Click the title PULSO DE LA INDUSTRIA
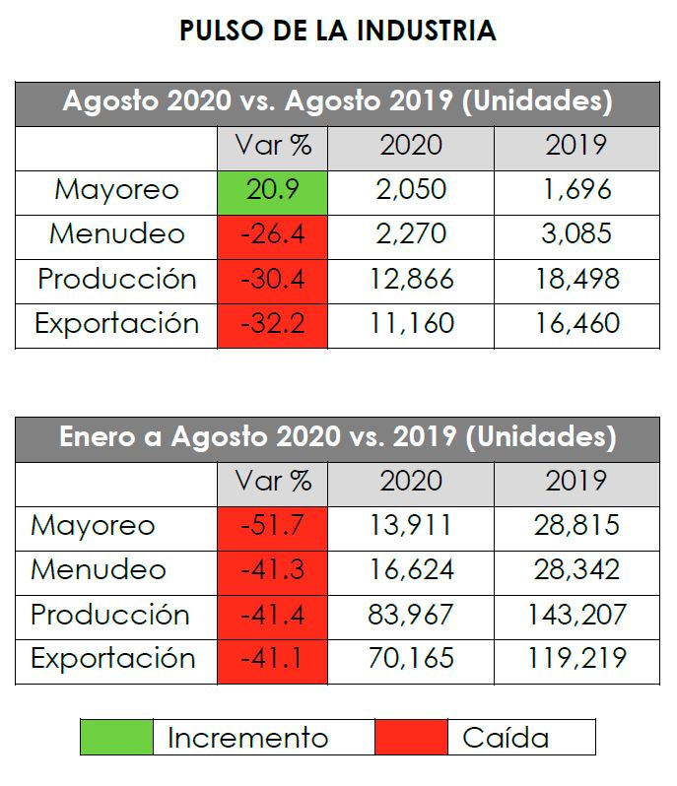[x=337, y=32]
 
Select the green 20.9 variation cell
[x=272, y=189]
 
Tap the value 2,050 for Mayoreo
[x=411, y=189]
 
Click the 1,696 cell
[x=576, y=189]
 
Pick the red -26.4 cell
[x=272, y=234]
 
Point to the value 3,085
[x=576, y=234]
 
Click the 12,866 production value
[x=411, y=280]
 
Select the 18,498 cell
[x=576, y=280]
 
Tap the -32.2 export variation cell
[x=272, y=324]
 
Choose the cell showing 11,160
[x=411, y=324]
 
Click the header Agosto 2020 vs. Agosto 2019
[x=337, y=102]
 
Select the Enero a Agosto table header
[x=337, y=437]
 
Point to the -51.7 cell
[x=272, y=525]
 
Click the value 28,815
[x=576, y=525]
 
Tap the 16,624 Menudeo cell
[x=411, y=570]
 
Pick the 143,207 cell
[x=576, y=616]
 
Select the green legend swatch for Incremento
[x=116, y=737]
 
